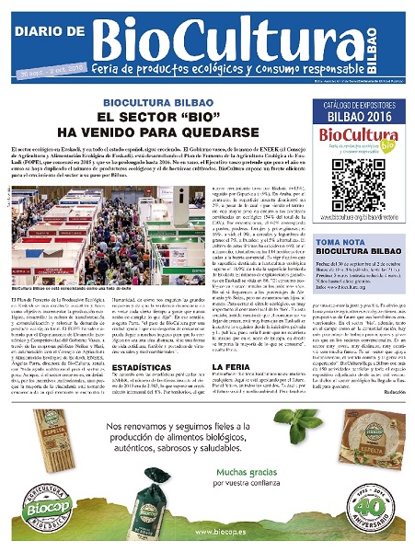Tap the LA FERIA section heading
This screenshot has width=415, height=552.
[x=206, y=340]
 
